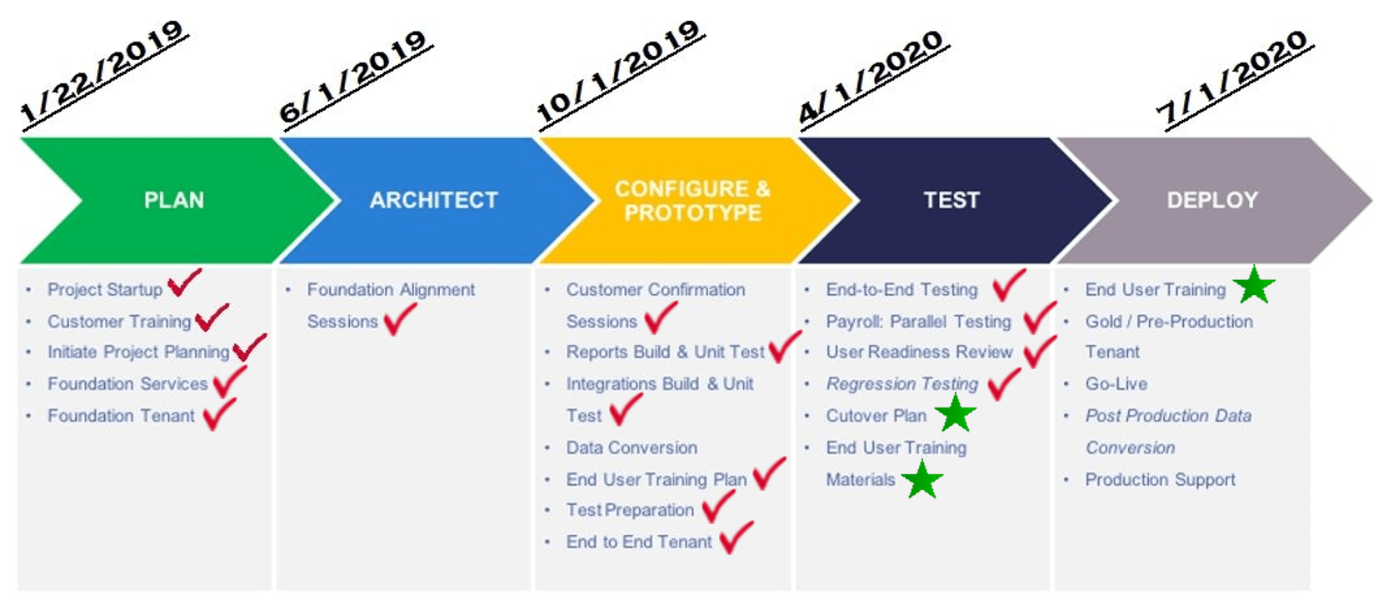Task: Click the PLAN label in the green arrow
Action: pyautogui.click(x=174, y=200)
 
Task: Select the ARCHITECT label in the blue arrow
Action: pyautogui.click(x=434, y=200)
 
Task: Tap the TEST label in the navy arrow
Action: pyautogui.click(x=951, y=200)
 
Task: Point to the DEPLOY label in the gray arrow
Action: pyautogui.click(x=1212, y=200)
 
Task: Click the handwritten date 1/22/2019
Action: pyautogui.click(x=103, y=74)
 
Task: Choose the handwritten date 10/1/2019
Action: pyautogui.click(x=620, y=74)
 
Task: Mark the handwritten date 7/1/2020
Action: pyautogui.click(x=1236, y=79)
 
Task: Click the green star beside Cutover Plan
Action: pyautogui.click(x=956, y=413)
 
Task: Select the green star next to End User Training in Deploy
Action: pyautogui.click(x=1255, y=286)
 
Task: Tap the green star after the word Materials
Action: pyautogui.click(x=922, y=479)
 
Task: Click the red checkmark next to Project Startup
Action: pyautogui.click(x=184, y=282)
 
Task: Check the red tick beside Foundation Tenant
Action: pyautogui.click(x=219, y=413)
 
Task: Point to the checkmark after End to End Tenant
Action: pyautogui.click(x=736, y=537)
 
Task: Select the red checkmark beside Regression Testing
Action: pyautogui.click(x=1003, y=384)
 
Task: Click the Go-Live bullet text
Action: pyautogui.click(x=1116, y=384)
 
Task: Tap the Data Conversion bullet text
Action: pyautogui.click(x=632, y=447)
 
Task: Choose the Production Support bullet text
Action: pyautogui.click(x=1161, y=480)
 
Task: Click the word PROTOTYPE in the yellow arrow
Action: pyautogui.click(x=692, y=213)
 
